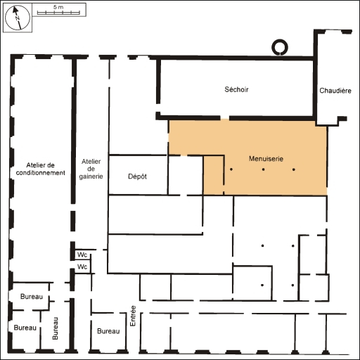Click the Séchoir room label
click(236, 89)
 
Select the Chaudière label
click(335, 91)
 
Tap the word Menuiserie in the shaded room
click(266, 159)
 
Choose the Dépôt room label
click(137, 176)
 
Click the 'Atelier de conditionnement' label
click(41, 168)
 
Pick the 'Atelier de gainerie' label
click(92, 169)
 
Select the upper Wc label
click(82, 255)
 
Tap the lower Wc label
click(82, 267)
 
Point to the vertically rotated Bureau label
click(56, 327)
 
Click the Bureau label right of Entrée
click(108, 331)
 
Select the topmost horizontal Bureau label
click(32, 297)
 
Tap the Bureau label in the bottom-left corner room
click(25, 328)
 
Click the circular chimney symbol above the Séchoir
click(279, 48)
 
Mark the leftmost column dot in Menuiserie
click(231, 170)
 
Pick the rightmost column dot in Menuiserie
click(293, 170)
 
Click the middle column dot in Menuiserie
click(262, 170)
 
